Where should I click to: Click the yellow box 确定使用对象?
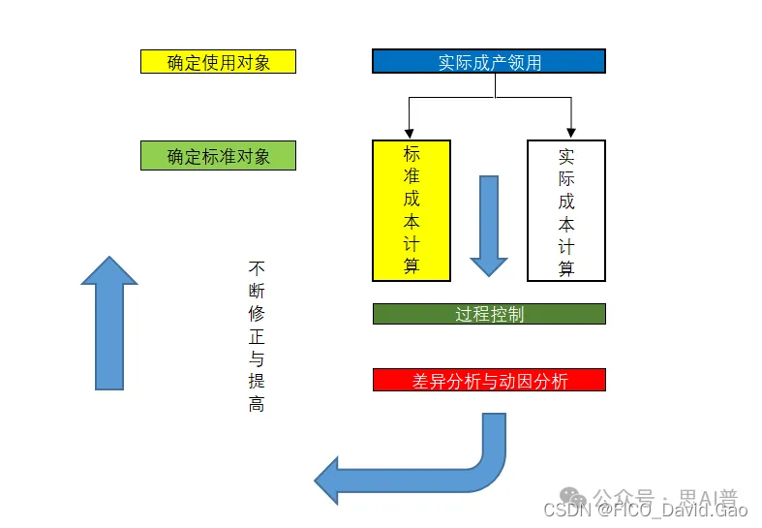pyautogui.click(x=218, y=62)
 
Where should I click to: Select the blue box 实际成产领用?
pyautogui.click(x=489, y=62)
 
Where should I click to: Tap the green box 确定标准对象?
pyautogui.click(x=218, y=155)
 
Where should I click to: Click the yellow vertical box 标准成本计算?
pyautogui.click(x=411, y=210)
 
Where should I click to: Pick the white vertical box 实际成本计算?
pyautogui.click(x=566, y=210)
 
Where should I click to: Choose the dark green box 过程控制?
pyautogui.click(x=489, y=314)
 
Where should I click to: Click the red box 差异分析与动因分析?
pyautogui.click(x=489, y=380)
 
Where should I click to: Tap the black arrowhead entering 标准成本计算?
pyautogui.click(x=411, y=132)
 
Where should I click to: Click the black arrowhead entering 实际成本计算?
pyautogui.click(x=572, y=132)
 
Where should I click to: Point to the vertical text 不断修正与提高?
pyautogui.click(x=257, y=335)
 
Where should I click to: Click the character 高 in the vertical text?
pyautogui.click(x=257, y=404)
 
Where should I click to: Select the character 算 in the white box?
pyautogui.click(x=566, y=267)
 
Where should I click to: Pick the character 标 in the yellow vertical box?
pyautogui.click(x=411, y=154)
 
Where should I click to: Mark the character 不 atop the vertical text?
pyautogui.click(x=257, y=267)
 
